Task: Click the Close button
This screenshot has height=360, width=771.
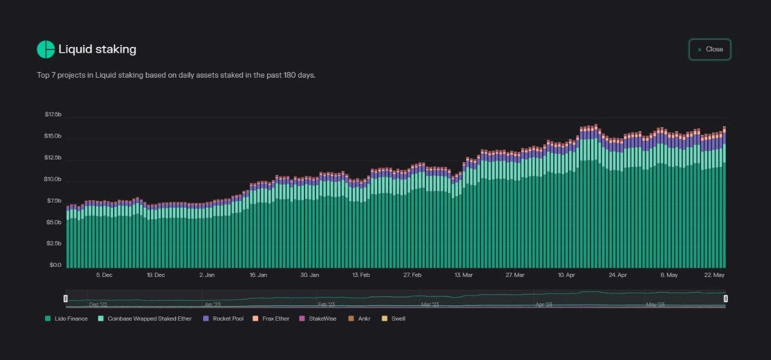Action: click(710, 50)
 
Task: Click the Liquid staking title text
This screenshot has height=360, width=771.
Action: click(97, 50)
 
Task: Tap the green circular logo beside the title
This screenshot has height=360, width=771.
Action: click(46, 50)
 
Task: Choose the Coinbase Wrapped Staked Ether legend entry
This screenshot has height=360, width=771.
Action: click(145, 318)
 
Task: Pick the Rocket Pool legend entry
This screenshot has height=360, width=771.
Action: click(225, 318)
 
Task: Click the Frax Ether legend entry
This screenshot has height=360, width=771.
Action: click(271, 318)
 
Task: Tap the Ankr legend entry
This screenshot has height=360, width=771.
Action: click(361, 318)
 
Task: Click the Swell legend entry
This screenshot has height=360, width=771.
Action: click(394, 318)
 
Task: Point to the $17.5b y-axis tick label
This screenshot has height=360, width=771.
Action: click(53, 114)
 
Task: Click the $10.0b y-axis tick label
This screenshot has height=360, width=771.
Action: click(53, 179)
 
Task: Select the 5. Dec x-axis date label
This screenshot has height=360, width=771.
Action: click(104, 275)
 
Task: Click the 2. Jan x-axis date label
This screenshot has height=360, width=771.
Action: click(207, 275)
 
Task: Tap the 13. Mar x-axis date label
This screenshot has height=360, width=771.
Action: click(464, 275)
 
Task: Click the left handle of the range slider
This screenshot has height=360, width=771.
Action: click(66, 298)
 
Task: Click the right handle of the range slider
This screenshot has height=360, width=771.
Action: click(725, 298)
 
